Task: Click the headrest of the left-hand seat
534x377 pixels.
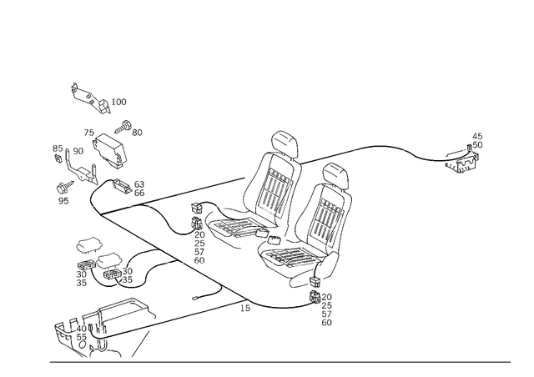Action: point(284,142)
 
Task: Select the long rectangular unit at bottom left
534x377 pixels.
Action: point(100,330)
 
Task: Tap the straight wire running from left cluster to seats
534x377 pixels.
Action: point(192,189)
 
